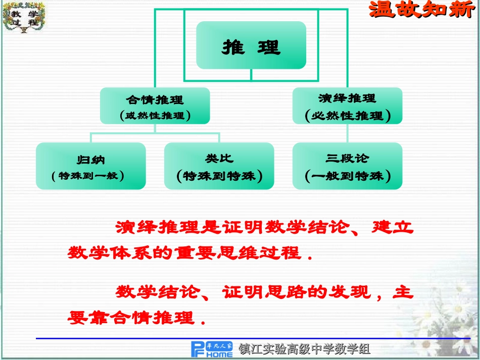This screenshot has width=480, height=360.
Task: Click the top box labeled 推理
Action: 251,45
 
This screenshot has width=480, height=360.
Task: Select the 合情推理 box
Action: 155,106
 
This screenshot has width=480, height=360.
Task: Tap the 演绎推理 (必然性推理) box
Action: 348,106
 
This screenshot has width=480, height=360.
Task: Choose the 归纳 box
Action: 91,166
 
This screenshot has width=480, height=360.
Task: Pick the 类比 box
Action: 219,166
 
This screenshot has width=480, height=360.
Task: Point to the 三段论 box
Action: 348,166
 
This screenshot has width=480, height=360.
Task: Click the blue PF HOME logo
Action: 212,348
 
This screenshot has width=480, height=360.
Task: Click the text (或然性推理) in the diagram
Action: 155,116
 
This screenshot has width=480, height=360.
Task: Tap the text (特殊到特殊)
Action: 219,176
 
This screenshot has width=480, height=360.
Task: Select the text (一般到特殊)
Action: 348,176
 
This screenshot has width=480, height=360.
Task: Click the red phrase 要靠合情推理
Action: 131,318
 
